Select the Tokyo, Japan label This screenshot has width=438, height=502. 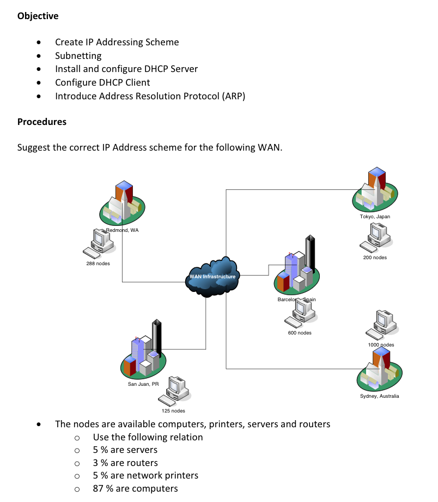pos(375,217)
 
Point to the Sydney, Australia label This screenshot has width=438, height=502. pos(379,396)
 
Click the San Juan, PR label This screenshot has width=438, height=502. pos(143,384)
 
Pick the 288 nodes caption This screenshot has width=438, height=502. pos(98,264)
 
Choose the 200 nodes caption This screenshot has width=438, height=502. pos(375,257)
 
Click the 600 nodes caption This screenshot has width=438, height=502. pos(300,333)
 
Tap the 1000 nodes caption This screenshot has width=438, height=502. pos(381,345)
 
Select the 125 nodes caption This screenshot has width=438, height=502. pos(173,411)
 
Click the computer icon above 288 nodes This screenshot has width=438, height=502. pos(99,243)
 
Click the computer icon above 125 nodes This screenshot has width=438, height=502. pos(175,391)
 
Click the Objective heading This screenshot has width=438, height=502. pos(38,16)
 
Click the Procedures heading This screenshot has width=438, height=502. pos(42,122)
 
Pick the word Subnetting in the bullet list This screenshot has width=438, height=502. pos(78,56)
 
